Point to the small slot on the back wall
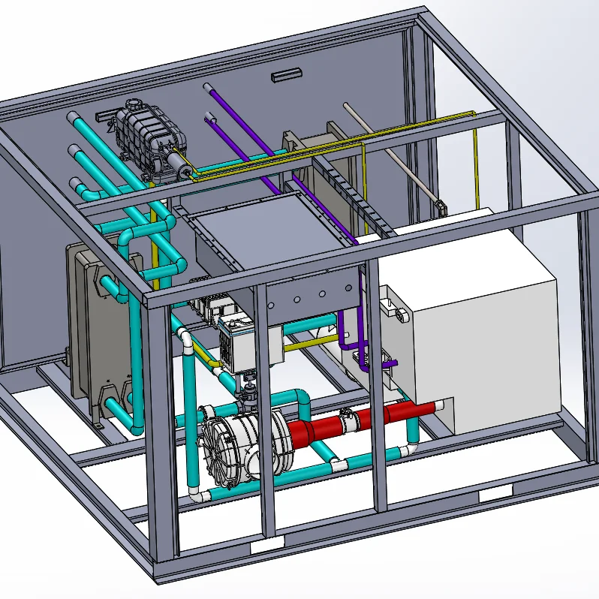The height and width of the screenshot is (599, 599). point(284,75)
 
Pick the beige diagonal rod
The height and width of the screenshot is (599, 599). point(390,154)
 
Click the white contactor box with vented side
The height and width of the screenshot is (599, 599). point(240,345)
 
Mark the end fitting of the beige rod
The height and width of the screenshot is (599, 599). point(440,204)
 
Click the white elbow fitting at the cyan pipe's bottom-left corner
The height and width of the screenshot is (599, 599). point(197,495)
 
